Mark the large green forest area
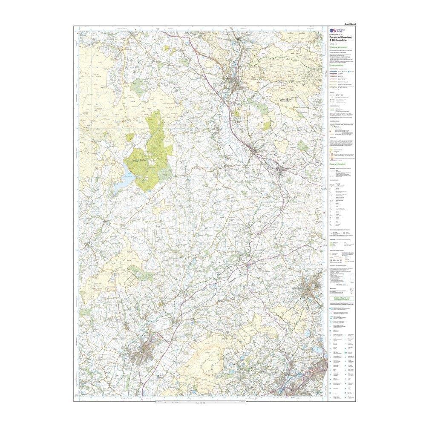coord(151,158)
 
